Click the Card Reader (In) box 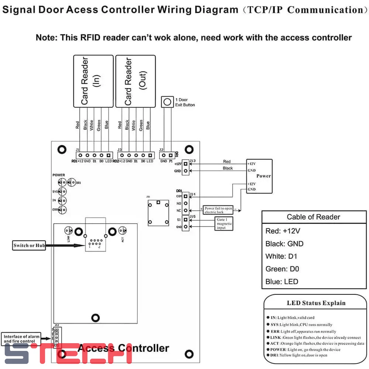pos(93,81)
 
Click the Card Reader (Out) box pos(135,81)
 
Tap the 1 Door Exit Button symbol pos(168,102)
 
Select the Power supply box pos(259,176)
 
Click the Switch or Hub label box pos(29,245)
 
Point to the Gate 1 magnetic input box pos(224,224)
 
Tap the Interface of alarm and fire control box pos(20,339)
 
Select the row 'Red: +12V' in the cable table pos(283,231)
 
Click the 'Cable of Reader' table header pos(313,217)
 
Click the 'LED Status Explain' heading pos(316,303)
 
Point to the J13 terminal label pos(193,161)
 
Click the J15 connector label pos(193,216)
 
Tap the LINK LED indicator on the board pos(69,231)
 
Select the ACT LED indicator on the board pos(124,231)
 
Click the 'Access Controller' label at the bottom pos(124,348)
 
